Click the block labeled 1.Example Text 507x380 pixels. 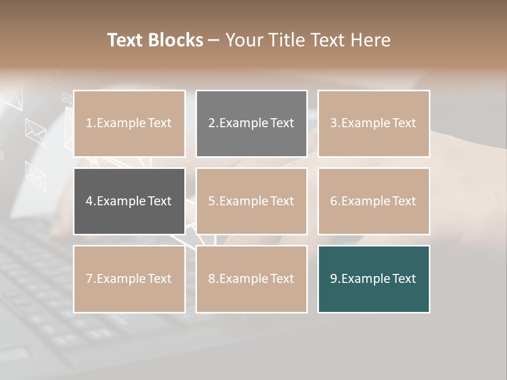point(129,123)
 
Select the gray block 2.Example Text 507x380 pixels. point(251,123)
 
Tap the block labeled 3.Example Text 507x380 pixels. point(373,123)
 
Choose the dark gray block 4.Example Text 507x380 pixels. point(129,201)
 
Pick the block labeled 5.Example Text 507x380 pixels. point(251,201)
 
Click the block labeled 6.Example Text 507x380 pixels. point(373,201)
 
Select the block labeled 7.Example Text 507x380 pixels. point(129,279)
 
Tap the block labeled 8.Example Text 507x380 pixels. point(251,279)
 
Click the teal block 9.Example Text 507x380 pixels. point(373,279)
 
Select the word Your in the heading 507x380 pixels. point(243,40)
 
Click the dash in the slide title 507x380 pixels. point(214,40)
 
